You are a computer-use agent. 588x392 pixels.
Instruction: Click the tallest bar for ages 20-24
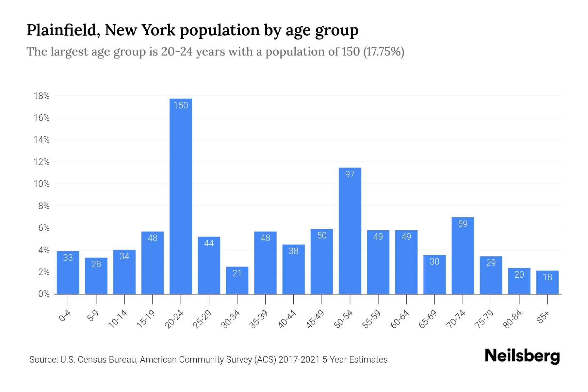(181, 196)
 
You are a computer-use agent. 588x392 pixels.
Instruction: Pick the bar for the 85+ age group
(547, 282)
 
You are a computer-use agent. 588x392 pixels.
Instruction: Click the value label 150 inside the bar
(181, 106)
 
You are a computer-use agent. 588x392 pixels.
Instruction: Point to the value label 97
(350, 174)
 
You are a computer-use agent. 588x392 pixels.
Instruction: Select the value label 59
(463, 224)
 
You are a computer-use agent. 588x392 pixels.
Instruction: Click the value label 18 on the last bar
(547, 277)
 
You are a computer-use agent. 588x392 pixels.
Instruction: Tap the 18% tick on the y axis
(41, 96)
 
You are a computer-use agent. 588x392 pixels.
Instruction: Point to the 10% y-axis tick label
(41, 184)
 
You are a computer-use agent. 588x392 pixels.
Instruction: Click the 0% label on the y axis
(44, 294)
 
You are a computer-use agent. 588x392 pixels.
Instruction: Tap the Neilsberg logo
(522, 356)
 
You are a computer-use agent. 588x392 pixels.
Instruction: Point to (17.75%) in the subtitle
(384, 52)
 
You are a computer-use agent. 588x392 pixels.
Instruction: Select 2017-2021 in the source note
(299, 360)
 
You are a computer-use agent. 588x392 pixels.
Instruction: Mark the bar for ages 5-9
(96, 276)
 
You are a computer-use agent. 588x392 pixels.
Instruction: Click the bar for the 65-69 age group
(434, 274)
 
